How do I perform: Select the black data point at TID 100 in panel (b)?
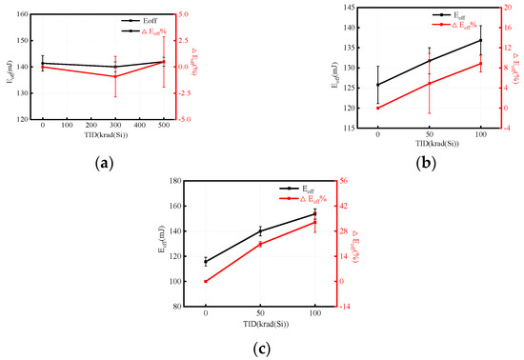[x=480, y=40]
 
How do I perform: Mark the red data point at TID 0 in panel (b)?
[x=377, y=108]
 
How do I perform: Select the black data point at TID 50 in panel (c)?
[x=260, y=230]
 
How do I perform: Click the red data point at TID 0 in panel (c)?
[x=206, y=281]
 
